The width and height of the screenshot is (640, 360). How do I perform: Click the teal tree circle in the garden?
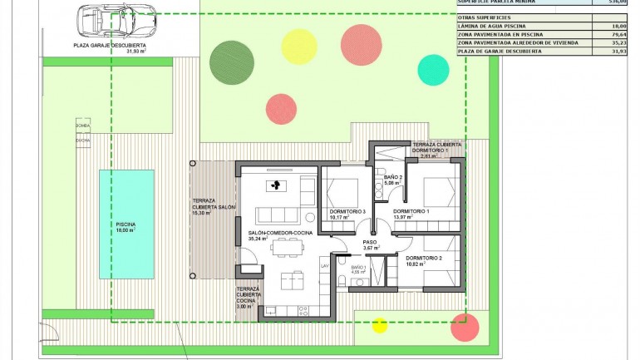tap(432, 70)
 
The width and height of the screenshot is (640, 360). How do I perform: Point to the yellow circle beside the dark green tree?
tap(297, 45)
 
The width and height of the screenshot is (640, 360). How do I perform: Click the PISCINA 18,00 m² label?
tap(126, 228)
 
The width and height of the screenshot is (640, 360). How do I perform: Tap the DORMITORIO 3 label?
tap(347, 215)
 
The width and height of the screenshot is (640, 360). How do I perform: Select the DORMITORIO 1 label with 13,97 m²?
tap(411, 215)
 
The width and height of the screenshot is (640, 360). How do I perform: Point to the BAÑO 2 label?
tap(393, 180)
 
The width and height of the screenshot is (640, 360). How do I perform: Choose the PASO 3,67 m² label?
tap(371, 244)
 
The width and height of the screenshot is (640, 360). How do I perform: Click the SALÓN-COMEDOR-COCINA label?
tap(278, 234)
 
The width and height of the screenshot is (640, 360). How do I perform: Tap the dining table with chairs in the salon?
tap(287, 246)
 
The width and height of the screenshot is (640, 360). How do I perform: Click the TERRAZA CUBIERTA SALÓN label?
tap(214, 206)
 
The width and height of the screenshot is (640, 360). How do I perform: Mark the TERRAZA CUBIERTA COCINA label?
tap(247, 297)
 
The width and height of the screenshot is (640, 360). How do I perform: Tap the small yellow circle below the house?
tap(380, 325)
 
